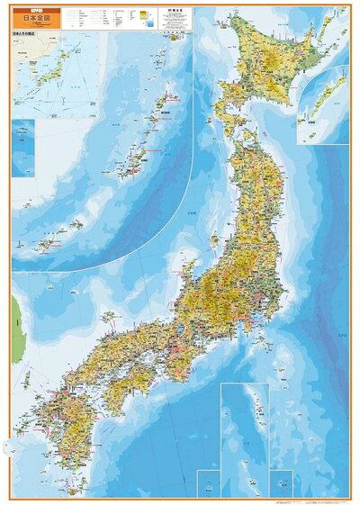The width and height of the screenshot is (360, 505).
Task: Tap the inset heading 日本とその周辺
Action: point(25,39)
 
